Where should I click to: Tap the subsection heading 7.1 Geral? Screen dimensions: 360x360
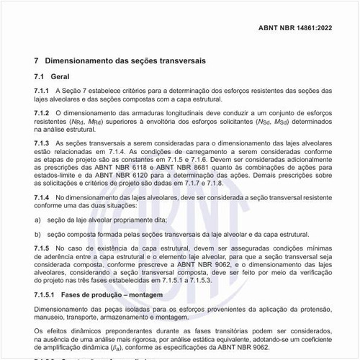(x=51, y=76)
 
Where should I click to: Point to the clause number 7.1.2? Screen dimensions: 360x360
(x=42, y=113)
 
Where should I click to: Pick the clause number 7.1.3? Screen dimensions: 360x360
(x=42, y=144)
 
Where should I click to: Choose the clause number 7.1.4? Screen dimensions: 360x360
(x=42, y=197)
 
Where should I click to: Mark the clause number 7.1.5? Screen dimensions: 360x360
(x=42, y=247)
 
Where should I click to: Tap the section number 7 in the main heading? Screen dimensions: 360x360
(x=37, y=60)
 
